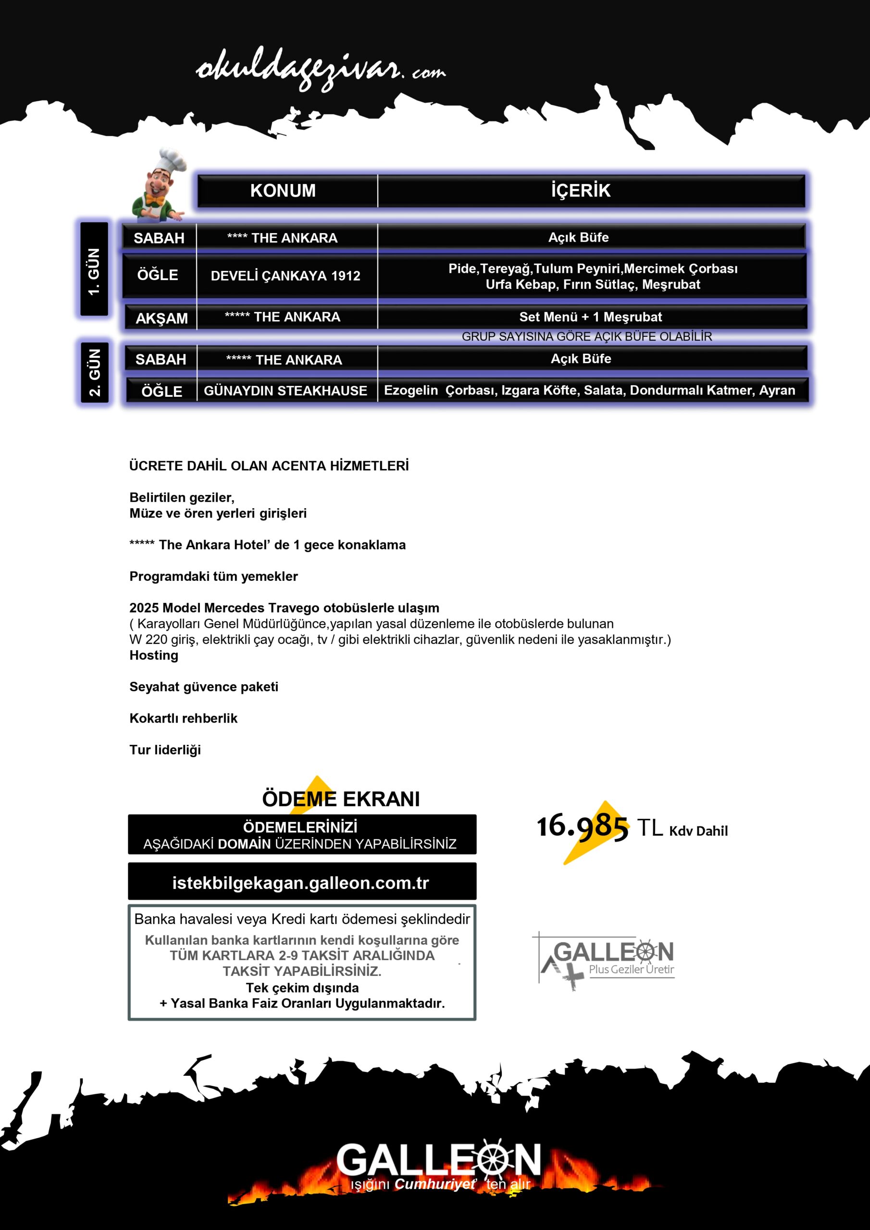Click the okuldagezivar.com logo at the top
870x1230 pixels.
point(321,70)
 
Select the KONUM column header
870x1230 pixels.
point(283,191)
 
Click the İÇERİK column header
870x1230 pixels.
point(581,191)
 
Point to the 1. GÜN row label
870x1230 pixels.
point(94,271)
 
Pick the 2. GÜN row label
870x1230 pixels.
point(94,372)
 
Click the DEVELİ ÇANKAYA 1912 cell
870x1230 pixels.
point(285,276)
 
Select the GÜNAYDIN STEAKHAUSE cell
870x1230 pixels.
point(285,391)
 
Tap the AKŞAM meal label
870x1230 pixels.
point(162,318)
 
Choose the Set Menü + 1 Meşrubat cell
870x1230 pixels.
point(590,317)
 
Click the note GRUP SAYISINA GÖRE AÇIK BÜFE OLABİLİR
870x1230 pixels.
point(586,336)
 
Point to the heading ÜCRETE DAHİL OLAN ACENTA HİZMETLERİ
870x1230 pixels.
point(269,466)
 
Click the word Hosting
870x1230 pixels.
point(154,655)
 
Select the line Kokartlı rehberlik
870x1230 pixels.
point(183,718)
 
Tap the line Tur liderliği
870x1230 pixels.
point(165,750)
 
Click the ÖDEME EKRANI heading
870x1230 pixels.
point(340,799)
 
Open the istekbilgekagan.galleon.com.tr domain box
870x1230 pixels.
point(301,882)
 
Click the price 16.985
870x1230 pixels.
point(582,826)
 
